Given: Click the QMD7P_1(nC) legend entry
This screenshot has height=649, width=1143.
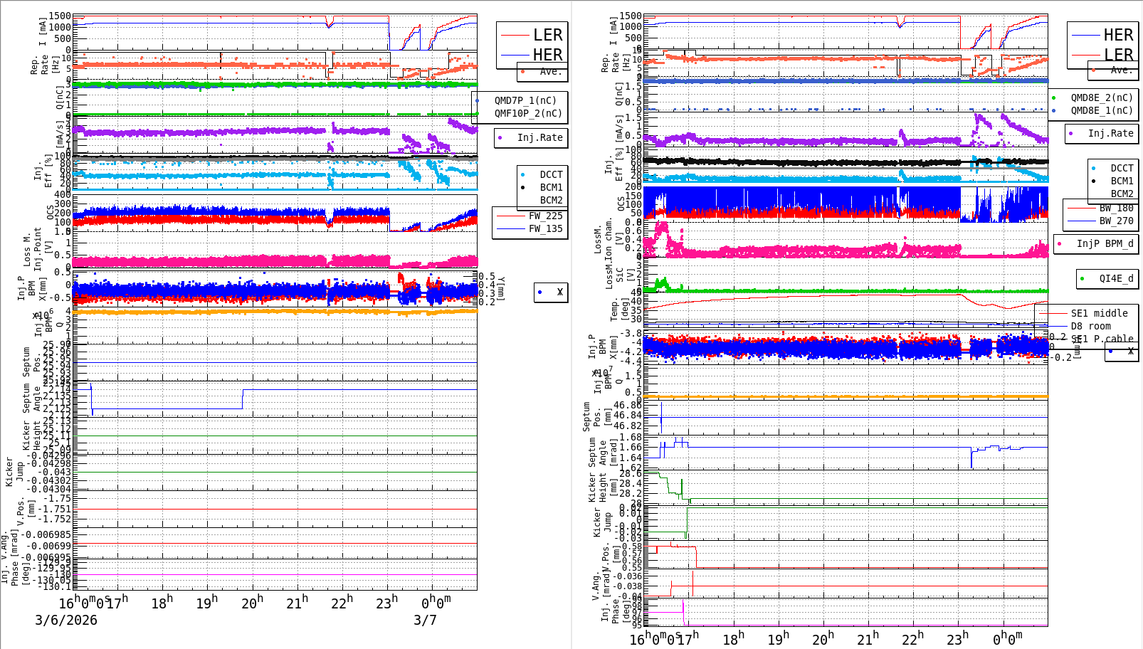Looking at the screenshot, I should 525,100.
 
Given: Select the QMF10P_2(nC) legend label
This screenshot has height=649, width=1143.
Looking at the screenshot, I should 528,113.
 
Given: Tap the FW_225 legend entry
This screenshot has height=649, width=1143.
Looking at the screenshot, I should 545,216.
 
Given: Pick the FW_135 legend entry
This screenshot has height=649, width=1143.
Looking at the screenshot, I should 545,228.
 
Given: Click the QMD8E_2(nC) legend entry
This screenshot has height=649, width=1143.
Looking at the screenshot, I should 1101,97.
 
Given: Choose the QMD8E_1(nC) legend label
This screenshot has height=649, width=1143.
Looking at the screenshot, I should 1101,110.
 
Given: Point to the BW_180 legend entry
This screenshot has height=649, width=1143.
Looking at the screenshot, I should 1116,208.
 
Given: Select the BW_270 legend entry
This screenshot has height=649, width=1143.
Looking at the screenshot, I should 1116,221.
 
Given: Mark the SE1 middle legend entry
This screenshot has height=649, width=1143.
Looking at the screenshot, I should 1099,313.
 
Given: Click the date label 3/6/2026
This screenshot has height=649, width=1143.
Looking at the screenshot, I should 66,620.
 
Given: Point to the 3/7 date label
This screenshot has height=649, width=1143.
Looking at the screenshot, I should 425,620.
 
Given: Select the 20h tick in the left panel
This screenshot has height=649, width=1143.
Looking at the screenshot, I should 253,603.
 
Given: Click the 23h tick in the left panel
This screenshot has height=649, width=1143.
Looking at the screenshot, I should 387,603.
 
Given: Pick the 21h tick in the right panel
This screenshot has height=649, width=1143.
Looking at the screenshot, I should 868,638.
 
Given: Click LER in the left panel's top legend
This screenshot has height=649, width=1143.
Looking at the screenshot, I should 547,35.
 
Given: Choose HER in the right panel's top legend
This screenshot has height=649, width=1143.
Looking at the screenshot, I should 1118,35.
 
